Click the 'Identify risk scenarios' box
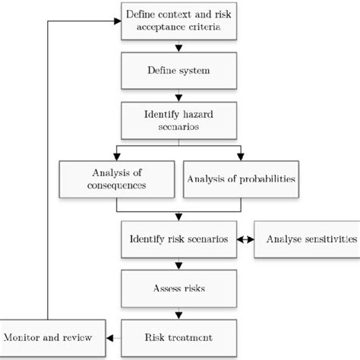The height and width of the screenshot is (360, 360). point(178,238)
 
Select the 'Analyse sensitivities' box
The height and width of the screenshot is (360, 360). point(307,238)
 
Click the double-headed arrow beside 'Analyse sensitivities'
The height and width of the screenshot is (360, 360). point(244,238)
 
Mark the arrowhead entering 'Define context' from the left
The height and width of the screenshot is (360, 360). point(118,21)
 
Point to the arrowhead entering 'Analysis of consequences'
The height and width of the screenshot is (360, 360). point(116,156)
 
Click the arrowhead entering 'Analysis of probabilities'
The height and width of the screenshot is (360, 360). point(239,156)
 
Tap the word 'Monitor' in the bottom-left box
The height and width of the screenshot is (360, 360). point(24,335)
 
